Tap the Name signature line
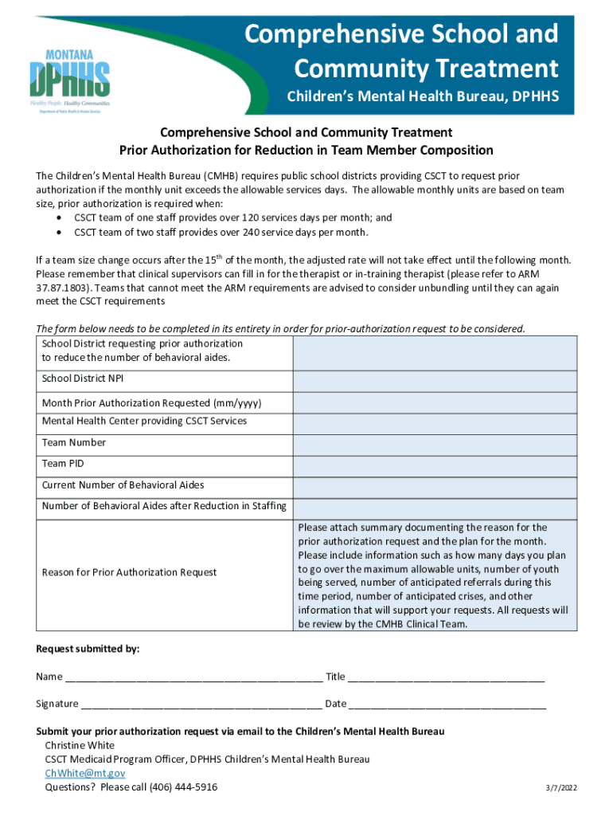[x=193, y=677]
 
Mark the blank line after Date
[x=447, y=704]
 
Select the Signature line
[x=201, y=704]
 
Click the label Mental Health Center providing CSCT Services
[x=144, y=421]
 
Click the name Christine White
[x=80, y=745]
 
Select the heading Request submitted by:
[x=88, y=649]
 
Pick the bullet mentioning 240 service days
[x=221, y=232]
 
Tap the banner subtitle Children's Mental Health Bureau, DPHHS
[x=423, y=97]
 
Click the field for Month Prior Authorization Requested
[x=435, y=402]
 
